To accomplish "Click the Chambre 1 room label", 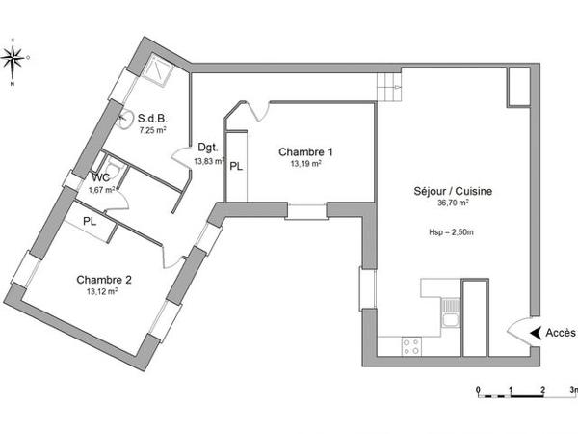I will pos(306,152).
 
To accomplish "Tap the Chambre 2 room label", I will pos(104,280).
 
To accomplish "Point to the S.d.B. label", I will pos(154,119).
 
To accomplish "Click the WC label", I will pos(101,177).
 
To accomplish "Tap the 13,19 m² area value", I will pos(306,164).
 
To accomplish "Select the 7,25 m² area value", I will pos(153,129).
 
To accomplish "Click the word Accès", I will pos(560,333).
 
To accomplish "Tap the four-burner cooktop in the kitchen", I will pos(412,344).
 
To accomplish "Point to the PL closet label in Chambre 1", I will pos(237,165).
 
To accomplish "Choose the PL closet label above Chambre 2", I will pos(90,222).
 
